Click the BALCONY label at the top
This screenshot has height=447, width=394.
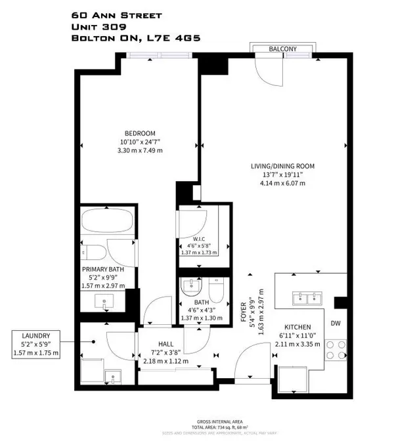tap(283, 49)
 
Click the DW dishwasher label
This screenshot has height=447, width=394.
tap(336, 323)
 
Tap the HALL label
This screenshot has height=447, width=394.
tap(165, 343)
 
